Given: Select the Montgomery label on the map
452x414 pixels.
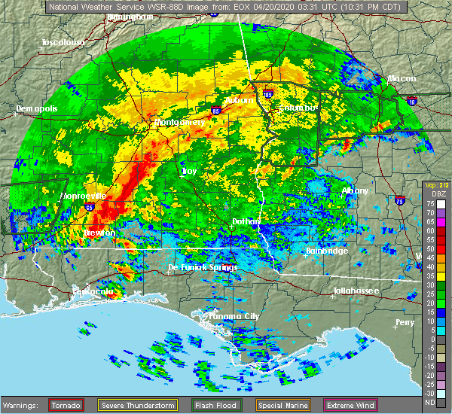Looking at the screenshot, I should point(179,122).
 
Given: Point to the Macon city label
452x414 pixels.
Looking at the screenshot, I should point(402,78).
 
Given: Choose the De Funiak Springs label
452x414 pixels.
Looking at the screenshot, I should point(202,267).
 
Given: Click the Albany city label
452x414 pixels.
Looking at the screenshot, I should point(355,191).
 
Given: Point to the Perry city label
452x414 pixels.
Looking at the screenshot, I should point(405,322).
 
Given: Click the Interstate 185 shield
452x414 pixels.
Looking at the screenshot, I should point(269,96).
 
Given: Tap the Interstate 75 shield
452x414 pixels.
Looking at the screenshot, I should point(398,199).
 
